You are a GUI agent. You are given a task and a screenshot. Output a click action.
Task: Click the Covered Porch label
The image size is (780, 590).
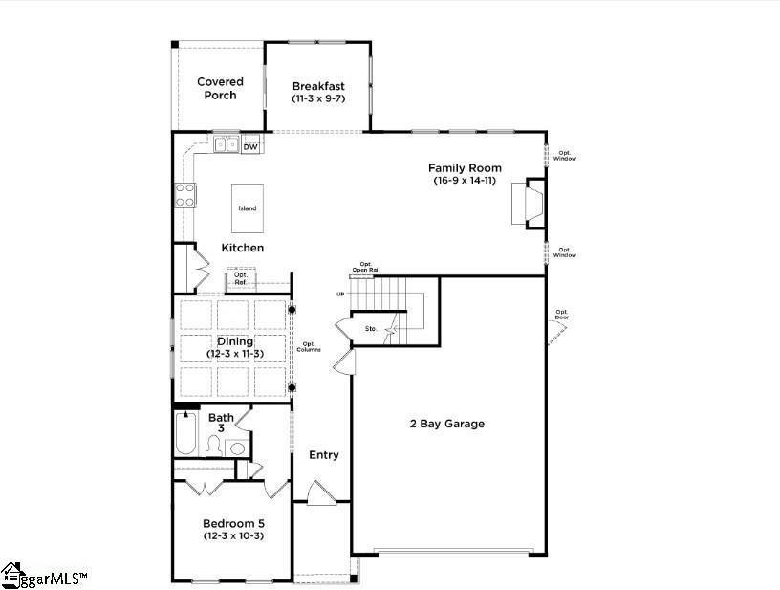(x=220, y=88)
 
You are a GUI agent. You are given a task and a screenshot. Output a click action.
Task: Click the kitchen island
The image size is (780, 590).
(x=248, y=208)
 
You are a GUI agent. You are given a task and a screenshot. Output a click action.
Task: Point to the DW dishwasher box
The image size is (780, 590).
(x=250, y=146)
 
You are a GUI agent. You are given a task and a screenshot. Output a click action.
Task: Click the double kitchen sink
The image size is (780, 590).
(x=226, y=145)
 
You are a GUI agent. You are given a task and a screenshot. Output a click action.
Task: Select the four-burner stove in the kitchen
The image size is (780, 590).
(x=184, y=195)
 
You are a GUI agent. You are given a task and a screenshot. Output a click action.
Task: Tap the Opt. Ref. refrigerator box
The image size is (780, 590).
(x=241, y=279)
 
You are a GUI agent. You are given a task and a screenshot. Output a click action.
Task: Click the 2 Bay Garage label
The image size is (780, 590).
(x=447, y=424)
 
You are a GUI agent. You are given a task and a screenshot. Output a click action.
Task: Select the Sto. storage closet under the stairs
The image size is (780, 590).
(x=372, y=329)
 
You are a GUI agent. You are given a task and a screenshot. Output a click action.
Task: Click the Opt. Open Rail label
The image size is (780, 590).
(x=365, y=267)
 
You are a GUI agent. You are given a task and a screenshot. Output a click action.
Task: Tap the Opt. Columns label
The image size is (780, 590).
(x=309, y=347)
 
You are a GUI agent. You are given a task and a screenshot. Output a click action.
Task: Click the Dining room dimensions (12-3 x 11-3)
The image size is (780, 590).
(x=235, y=354)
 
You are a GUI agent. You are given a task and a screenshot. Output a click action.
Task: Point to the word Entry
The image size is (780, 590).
(x=324, y=455)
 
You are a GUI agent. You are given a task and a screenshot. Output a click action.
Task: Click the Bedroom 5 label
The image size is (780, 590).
(x=233, y=523)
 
